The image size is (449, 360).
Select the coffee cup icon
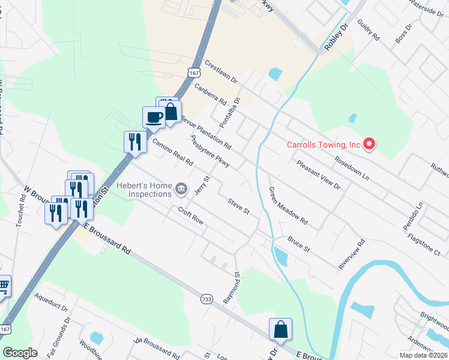point(154,117)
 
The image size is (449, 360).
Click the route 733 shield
point(206,299)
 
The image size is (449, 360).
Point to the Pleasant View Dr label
point(318,175)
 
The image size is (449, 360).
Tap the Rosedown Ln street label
point(351,169)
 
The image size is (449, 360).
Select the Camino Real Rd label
point(172,152)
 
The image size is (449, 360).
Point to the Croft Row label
point(190,215)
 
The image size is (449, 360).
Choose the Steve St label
point(238,206)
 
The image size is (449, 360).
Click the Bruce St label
point(298,244)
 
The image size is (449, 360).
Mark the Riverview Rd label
point(352,255)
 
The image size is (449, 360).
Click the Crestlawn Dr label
point(221,71)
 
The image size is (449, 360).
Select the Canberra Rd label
point(209,94)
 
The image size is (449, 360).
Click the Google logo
point(20,353)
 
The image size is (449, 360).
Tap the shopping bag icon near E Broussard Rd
point(280,329)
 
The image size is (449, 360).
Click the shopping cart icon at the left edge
point(4,286)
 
